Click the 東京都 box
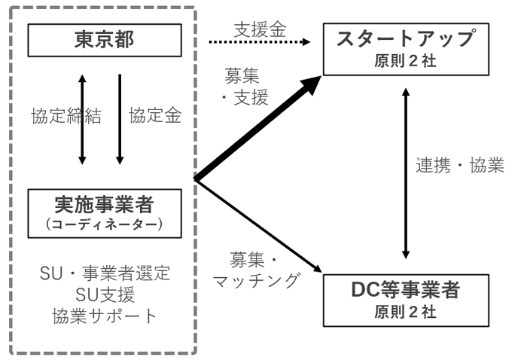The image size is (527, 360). pyautogui.click(x=105, y=40)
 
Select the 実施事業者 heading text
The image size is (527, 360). pyautogui.click(x=105, y=204)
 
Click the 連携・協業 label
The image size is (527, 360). pyautogui.click(x=459, y=165)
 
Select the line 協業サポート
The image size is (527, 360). pyautogui.click(x=105, y=316)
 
